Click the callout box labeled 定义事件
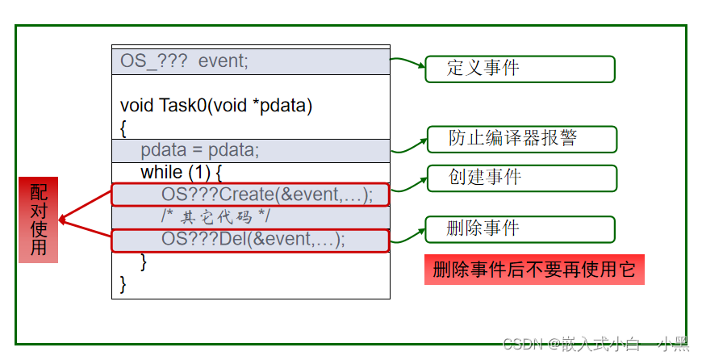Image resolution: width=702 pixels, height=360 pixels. tap(520, 69)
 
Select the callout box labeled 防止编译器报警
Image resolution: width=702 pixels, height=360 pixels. tap(520, 139)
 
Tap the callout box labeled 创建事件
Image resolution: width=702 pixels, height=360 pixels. tap(520, 178)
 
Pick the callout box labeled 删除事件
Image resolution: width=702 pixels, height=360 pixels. tap(520, 229)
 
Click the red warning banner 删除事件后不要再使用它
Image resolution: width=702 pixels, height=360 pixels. tap(534, 270)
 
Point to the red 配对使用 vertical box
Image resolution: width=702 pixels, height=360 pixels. tap(39, 220)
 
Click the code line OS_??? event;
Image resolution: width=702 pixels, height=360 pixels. tap(185, 61)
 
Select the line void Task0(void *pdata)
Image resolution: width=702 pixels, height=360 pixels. tap(216, 106)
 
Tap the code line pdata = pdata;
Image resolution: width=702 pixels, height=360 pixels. tap(200, 150)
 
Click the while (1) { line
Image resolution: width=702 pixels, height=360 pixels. tap(181, 172)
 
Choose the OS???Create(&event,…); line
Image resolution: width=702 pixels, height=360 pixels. tap(267, 195)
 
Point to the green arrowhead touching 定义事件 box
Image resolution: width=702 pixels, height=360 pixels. tap(420, 68)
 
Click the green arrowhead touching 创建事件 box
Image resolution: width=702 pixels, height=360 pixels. tap(420, 178)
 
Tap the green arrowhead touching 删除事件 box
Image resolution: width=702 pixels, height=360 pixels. tap(420, 230)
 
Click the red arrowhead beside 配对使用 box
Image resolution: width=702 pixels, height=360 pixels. tap(64, 218)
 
